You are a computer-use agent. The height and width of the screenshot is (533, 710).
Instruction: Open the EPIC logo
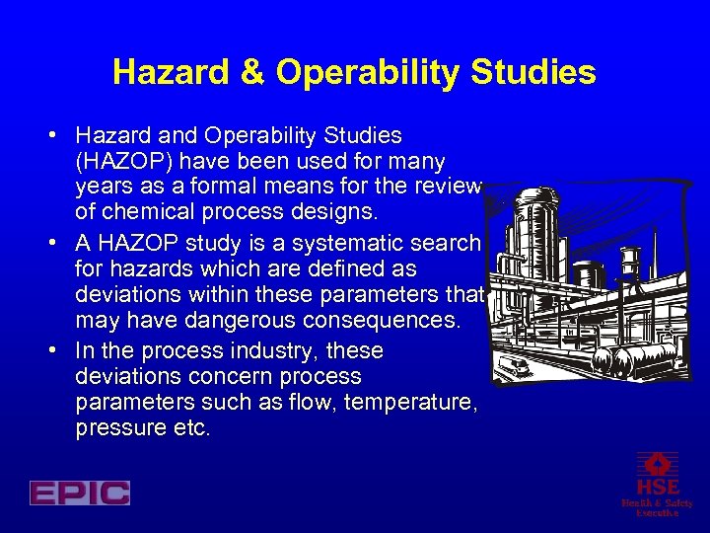[x=79, y=493]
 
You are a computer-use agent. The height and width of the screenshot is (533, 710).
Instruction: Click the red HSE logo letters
[x=657, y=488]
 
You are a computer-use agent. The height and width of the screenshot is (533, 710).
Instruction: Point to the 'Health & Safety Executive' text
[x=657, y=507]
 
